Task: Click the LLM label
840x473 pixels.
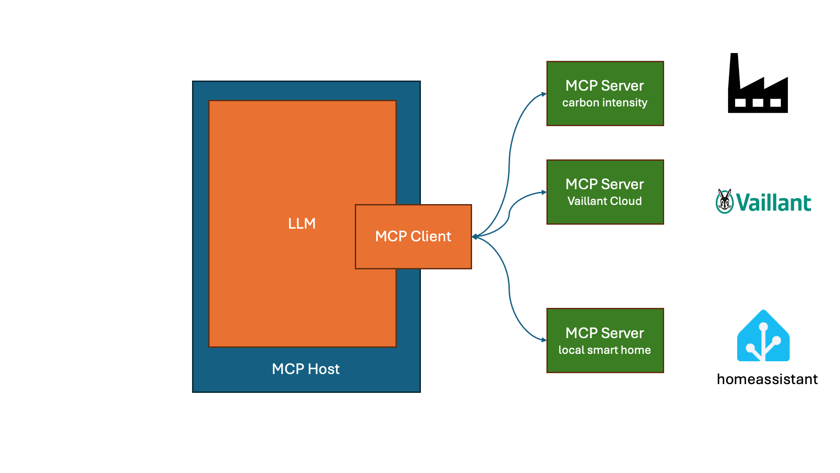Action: (301, 223)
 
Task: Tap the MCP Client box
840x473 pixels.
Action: (413, 236)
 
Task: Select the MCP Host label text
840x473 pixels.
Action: (305, 369)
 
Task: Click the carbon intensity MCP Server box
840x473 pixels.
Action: (605, 93)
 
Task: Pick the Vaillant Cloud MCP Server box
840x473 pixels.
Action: (605, 192)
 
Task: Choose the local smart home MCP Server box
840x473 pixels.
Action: (605, 340)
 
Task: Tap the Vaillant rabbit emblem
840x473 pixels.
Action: (724, 201)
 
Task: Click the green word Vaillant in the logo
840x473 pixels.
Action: (773, 203)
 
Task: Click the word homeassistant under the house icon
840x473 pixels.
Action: (767, 379)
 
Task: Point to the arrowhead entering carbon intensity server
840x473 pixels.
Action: (544, 94)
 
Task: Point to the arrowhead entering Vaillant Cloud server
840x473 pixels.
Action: (544, 192)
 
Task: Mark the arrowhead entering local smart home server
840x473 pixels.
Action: (544, 340)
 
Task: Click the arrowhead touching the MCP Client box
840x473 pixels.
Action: (475, 237)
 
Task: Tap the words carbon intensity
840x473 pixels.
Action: (605, 102)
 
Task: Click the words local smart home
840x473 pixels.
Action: (605, 350)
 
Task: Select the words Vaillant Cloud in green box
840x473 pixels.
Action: (605, 201)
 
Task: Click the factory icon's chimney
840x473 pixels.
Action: (734, 70)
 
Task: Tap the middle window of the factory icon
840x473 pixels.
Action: (758, 103)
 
